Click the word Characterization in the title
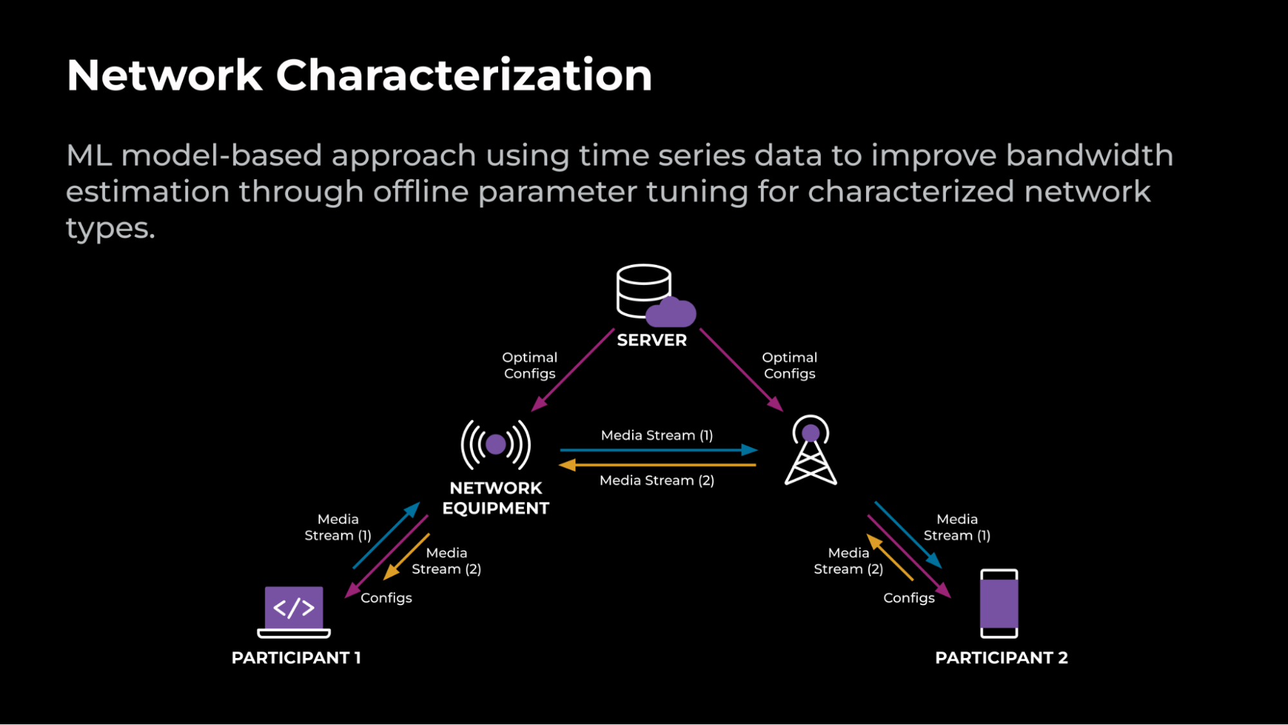click(464, 75)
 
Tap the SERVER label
click(651, 340)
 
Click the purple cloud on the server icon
click(671, 313)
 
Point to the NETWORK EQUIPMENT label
click(495, 498)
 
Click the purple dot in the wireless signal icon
click(495, 444)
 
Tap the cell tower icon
click(811, 450)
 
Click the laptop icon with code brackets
click(294, 610)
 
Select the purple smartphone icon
click(999, 603)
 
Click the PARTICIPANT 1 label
click(296, 658)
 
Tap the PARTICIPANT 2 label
click(1001, 658)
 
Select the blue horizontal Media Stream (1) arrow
click(657, 450)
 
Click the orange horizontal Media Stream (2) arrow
click(657, 465)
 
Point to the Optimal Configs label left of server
click(530, 365)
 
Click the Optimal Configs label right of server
click(789, 365)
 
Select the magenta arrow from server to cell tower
click(741, 370)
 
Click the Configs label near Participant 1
click(386, 598)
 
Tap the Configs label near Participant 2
click(908, 598)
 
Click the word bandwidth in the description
click(1089, 155)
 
